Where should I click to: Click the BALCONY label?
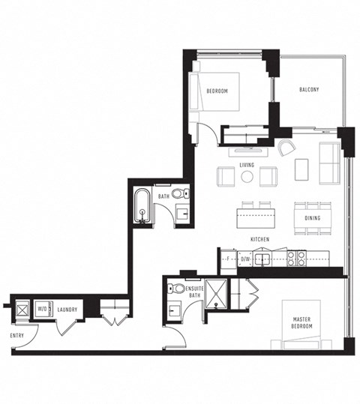(309, 90)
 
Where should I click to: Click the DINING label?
(313, 218)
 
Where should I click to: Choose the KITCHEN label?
(259, 239)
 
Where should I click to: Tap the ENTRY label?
(17, 335)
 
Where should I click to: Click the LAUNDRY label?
(68, 308)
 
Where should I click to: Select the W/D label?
(43, 308)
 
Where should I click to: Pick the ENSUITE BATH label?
(195, 292)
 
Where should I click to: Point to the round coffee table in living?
(247, 177)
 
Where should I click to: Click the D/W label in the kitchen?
(244, 259)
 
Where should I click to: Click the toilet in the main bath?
(178, 194)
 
